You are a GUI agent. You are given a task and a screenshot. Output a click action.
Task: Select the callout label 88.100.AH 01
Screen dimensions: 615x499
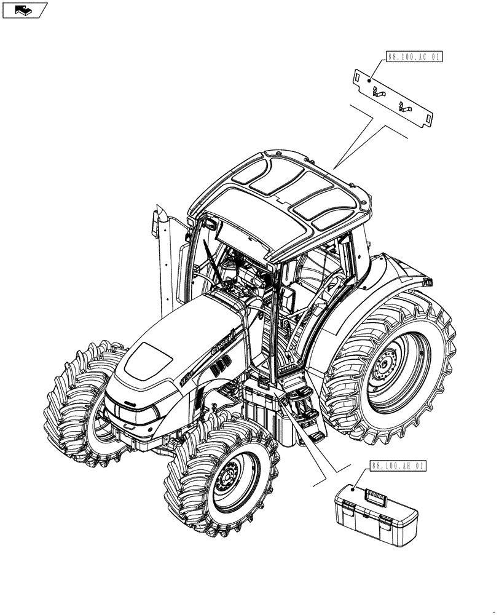point(398,466)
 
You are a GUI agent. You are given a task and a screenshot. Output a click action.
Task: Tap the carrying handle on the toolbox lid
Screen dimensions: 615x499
point(375,494)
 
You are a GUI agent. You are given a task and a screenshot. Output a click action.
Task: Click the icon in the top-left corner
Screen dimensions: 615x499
point(25,9)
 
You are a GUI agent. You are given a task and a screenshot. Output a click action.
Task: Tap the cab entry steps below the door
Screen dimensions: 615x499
point(305,412)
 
